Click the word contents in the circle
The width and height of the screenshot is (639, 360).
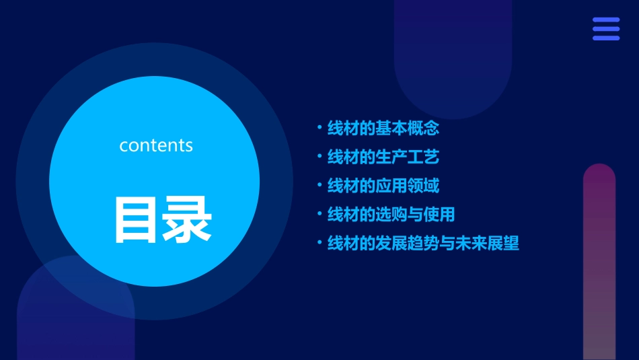(x=156, y=145)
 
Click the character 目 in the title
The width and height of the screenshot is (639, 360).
(x=137, y=219)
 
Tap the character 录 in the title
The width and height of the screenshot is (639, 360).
(x=188, y=219)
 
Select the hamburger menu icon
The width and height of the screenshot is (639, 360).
(x=605, y=29)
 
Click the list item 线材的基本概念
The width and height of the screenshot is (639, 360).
(x=383, y=128)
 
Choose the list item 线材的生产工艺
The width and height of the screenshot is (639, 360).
(x=383, y=157)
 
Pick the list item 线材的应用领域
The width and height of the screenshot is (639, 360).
(x=383, y=185)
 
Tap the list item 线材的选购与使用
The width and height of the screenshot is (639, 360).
(x=391, y=214)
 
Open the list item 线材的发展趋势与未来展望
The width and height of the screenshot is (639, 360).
(x=423, y=243)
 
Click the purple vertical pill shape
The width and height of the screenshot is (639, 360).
(x=599, y=262)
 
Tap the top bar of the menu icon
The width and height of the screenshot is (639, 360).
(x=605, y=20)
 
